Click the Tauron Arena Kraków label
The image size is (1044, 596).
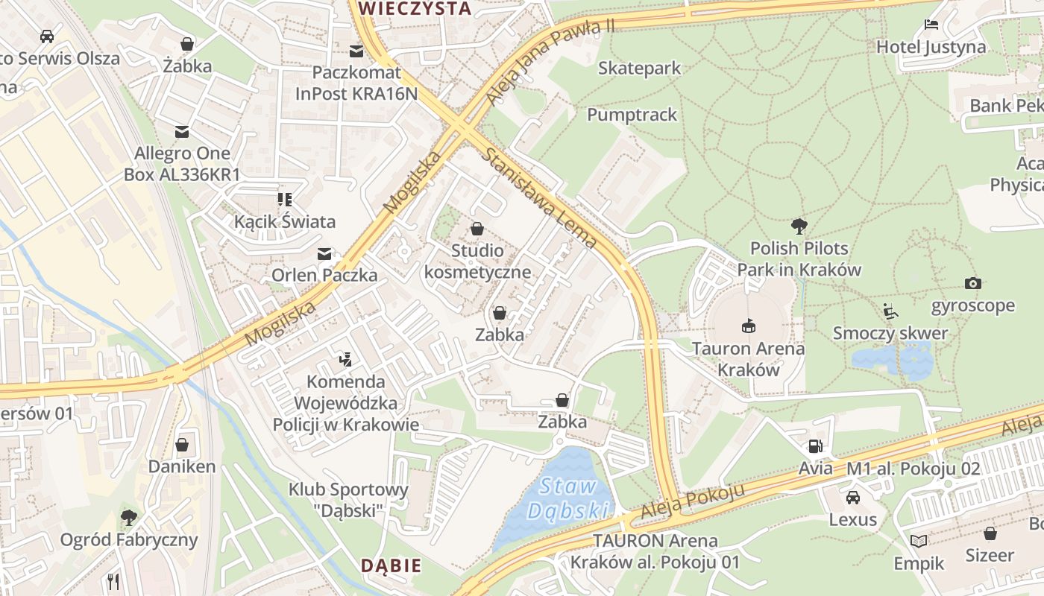click(748, 359)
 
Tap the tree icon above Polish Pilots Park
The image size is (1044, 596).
click(799, 226)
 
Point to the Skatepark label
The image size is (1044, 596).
click(639, 69)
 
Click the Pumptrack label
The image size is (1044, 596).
click(632, 115)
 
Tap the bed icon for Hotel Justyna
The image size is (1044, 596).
click(931, 25)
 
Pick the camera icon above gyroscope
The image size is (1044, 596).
click(972, 283)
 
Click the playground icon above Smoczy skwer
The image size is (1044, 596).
click(890, 311)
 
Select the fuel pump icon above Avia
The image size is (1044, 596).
click(815, 446)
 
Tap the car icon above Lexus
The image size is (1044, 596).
click(852, 497)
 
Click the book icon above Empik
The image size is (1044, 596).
click(919, 541)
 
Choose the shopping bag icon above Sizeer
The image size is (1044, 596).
click(990, 533)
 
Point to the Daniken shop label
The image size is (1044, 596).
click(182, 467)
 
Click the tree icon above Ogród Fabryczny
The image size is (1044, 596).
click(129, 517)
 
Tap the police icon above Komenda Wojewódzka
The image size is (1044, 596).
click(345, 360)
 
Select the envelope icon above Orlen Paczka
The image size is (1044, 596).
click(324, 254)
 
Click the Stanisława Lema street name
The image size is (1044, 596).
click(540, 198)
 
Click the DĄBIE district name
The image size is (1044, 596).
click(391, 565)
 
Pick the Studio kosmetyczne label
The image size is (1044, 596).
click(477, 261)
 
